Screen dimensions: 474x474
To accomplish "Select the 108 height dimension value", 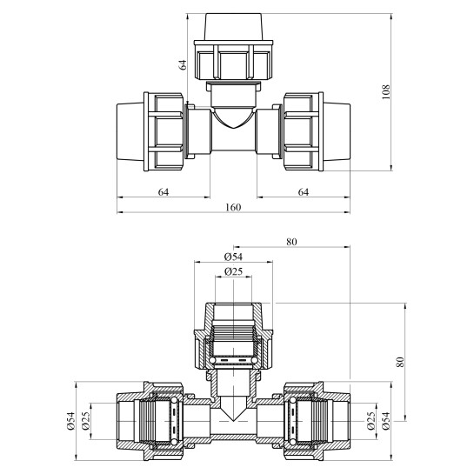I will pos(385,91).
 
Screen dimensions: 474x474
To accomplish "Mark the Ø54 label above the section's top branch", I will pos(232,257).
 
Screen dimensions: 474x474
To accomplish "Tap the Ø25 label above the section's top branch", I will pos(232,272).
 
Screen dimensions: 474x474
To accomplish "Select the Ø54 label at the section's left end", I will pos(70,421).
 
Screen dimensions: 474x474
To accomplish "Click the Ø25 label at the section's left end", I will pos(88,421).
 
